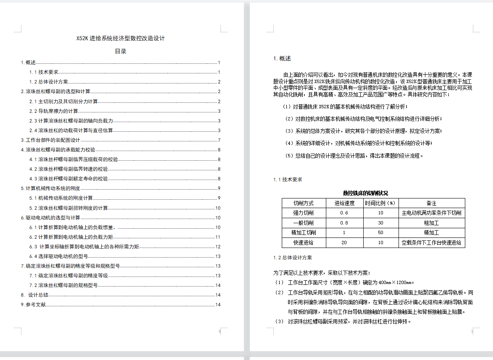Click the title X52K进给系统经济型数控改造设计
121,38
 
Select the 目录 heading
121,51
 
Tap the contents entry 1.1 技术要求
44,72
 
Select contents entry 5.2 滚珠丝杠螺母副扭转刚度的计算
68,208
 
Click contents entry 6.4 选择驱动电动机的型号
58,256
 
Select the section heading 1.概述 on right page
282,59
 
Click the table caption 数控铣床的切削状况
365,193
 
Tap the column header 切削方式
304,203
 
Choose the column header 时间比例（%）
380,203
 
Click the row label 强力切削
304,213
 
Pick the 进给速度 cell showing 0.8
344,223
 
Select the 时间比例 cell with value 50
380,233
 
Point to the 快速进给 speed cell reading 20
344,243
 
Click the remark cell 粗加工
431,223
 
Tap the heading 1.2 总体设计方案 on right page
292,258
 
